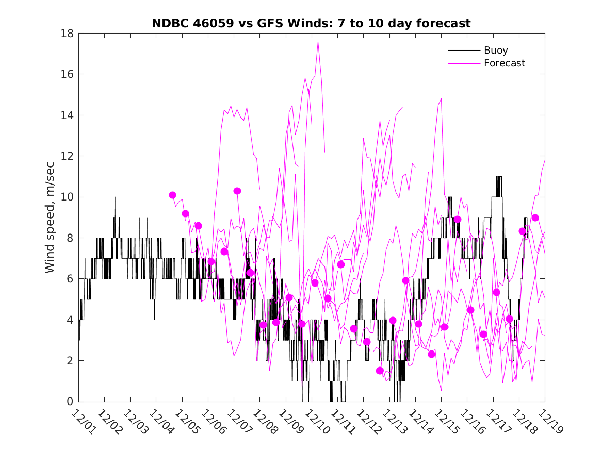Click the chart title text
point(311,24)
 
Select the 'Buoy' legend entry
point(495,51)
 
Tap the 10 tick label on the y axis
point(68,197)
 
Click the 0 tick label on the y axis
point(71,402)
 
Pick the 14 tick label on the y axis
point(68,115)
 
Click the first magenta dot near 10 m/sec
point(173,195)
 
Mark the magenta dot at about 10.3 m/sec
point(237,191)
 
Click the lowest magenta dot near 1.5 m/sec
point(380,371)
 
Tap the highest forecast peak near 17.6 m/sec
point(318,42)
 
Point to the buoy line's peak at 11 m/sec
point(499,177)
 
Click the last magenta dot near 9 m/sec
point(535,218)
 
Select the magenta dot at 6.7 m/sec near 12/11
point(341,264)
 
